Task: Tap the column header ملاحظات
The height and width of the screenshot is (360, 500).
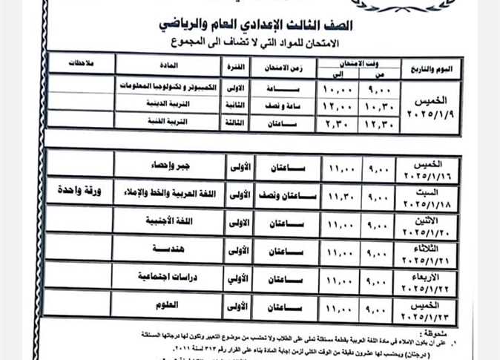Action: coord(84,65)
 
